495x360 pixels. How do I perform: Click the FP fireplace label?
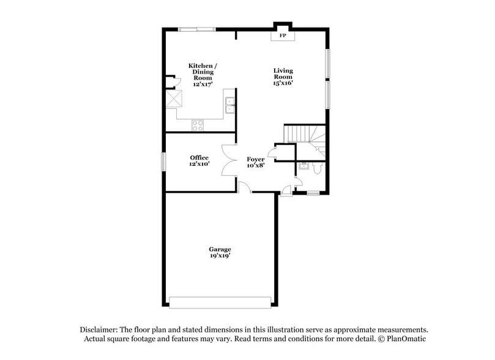pos(283,37)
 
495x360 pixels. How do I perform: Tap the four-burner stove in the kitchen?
pos(198,125)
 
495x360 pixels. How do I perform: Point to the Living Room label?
pos(283,77)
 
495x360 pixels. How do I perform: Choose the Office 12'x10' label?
pos(199,161)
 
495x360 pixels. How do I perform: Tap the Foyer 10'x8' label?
pos(256,162)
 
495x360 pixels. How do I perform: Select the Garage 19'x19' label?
pos(220,252)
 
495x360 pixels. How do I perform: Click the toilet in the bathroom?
pos(316,168)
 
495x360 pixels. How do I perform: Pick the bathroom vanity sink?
pos(302,166)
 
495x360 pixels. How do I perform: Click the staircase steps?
pos(300,133)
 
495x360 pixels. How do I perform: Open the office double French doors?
pos(229,160)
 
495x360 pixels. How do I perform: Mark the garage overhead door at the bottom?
pos(220,302)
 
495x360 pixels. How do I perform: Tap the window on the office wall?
pos(163,162)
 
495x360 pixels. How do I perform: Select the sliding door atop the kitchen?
pos(196,29)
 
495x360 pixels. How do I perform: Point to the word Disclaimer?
pos(100,329)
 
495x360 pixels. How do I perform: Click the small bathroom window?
pos(313,193)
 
